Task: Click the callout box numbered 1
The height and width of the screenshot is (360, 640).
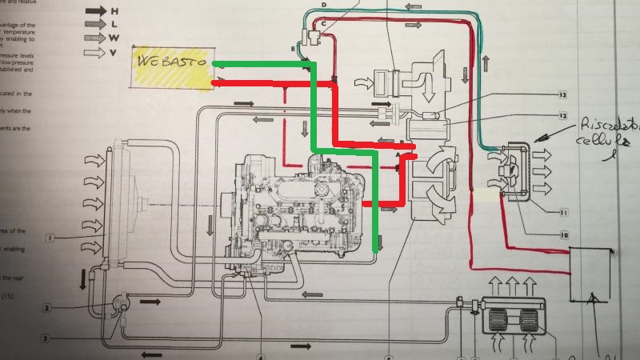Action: pyautogui.click(x=49, y=238)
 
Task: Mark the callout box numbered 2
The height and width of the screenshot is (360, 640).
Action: pyautogui.click(x=47, y=308)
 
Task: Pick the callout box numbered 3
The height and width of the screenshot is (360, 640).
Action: pyautogui.click(x=46, y=339)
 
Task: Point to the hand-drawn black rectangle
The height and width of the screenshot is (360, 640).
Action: pyautogui.click(x=592, y=274)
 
